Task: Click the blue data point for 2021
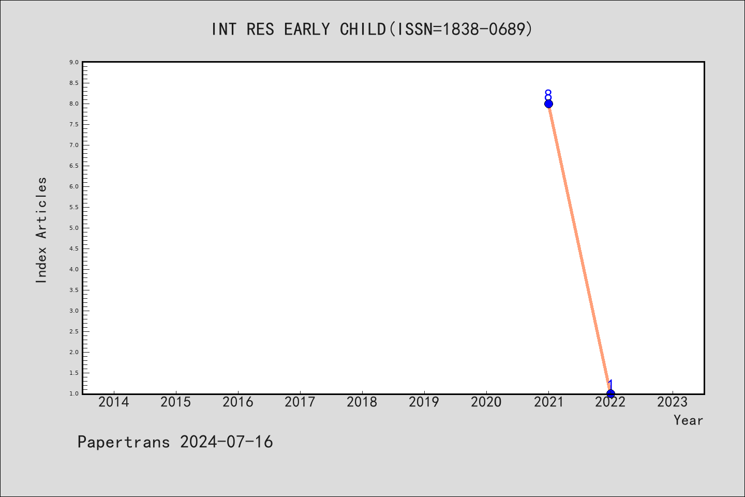point(548,104)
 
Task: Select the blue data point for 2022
point(610,394)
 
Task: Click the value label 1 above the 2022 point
point(610,385)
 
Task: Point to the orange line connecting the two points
point(579,248)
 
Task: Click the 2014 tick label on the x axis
point(114,402)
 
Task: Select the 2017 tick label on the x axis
point(300,402)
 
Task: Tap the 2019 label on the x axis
point(424,402)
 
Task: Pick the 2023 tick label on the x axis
point(673,402)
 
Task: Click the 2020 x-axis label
point(486,402)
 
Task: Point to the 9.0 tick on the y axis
point(74,62)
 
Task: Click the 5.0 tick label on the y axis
point(74,228)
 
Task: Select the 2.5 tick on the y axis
point(74,331)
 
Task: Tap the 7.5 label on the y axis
point(74,124)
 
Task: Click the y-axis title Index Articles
point(41,230)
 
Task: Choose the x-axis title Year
point(689,420)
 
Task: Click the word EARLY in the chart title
point(307,30)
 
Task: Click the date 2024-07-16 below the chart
point(227,442)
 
